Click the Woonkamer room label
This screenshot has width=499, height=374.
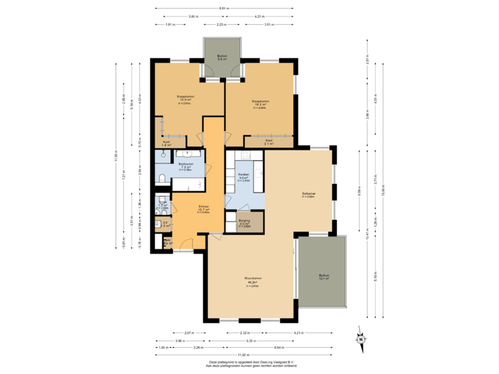coord(243,280)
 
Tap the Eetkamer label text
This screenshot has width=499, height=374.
coord(308,194)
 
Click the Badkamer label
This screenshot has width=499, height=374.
coord(185,166)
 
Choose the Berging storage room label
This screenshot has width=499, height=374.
coord(243,222)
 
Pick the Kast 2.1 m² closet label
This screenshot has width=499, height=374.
coord(268,142)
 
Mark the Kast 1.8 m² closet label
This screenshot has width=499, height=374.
coord(166,143)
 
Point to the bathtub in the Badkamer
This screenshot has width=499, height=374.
coord(187,154)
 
